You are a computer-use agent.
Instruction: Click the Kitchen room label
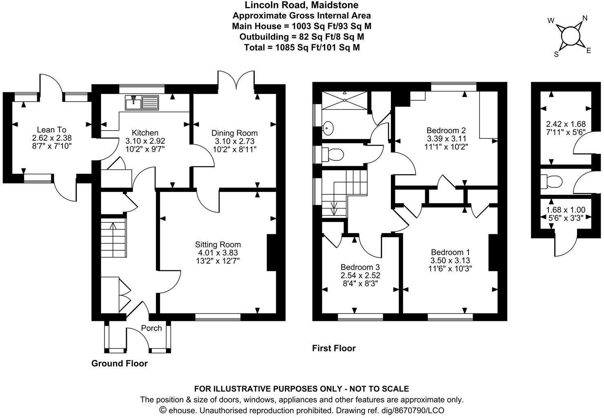145,133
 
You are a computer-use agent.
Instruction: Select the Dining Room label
234,133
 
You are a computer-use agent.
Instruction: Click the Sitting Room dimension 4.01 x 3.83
218,253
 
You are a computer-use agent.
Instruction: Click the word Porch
151,328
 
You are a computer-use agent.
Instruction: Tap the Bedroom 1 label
447,252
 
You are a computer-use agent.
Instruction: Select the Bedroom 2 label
446,131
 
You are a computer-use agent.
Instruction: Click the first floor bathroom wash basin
328,128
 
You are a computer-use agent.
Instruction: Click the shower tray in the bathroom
345,100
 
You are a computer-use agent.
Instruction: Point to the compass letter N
584,18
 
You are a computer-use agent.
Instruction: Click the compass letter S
556,54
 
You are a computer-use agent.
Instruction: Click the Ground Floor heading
119,363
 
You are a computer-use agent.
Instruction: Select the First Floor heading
334,348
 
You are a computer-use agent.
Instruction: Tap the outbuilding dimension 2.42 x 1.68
566,124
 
